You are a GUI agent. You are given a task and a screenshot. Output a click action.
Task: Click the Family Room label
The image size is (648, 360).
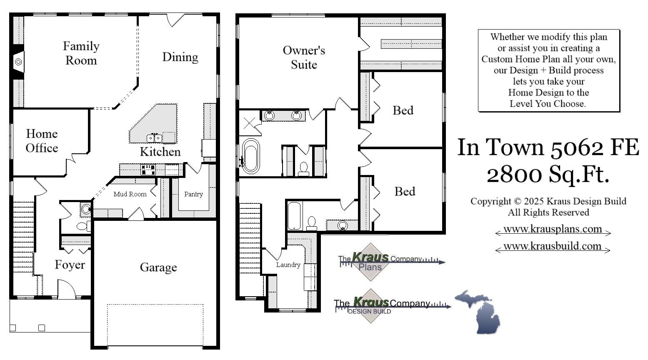(81, 53)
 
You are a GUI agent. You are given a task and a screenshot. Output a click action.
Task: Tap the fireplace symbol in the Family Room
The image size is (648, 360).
(18, 62)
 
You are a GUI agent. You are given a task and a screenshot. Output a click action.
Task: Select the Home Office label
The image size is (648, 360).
(42, 140)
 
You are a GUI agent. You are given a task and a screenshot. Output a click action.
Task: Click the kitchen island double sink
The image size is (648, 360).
(154, 138)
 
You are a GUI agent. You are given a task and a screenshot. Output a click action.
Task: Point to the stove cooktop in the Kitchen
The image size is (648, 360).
(148, 170)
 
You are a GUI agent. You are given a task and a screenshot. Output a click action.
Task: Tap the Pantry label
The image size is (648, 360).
(193, 194)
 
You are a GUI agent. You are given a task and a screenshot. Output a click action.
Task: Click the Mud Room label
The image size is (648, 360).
(130, 194)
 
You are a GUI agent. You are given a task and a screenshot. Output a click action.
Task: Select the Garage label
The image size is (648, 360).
(158, 267)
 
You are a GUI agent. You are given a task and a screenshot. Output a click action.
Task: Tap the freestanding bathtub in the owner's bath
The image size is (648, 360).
(251, 156)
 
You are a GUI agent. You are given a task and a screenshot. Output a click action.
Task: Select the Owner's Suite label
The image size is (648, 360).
(304, 57)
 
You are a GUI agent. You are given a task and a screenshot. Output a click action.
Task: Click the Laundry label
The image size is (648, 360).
(288, 265)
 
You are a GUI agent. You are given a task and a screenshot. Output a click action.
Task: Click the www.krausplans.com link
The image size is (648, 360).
(553, 229)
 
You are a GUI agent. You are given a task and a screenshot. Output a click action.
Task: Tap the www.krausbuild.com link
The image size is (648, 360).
(552, 246)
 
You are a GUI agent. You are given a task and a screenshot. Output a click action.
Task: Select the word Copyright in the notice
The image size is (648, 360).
(491, 201)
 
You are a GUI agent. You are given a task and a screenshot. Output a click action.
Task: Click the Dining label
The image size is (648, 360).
(180, 57)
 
